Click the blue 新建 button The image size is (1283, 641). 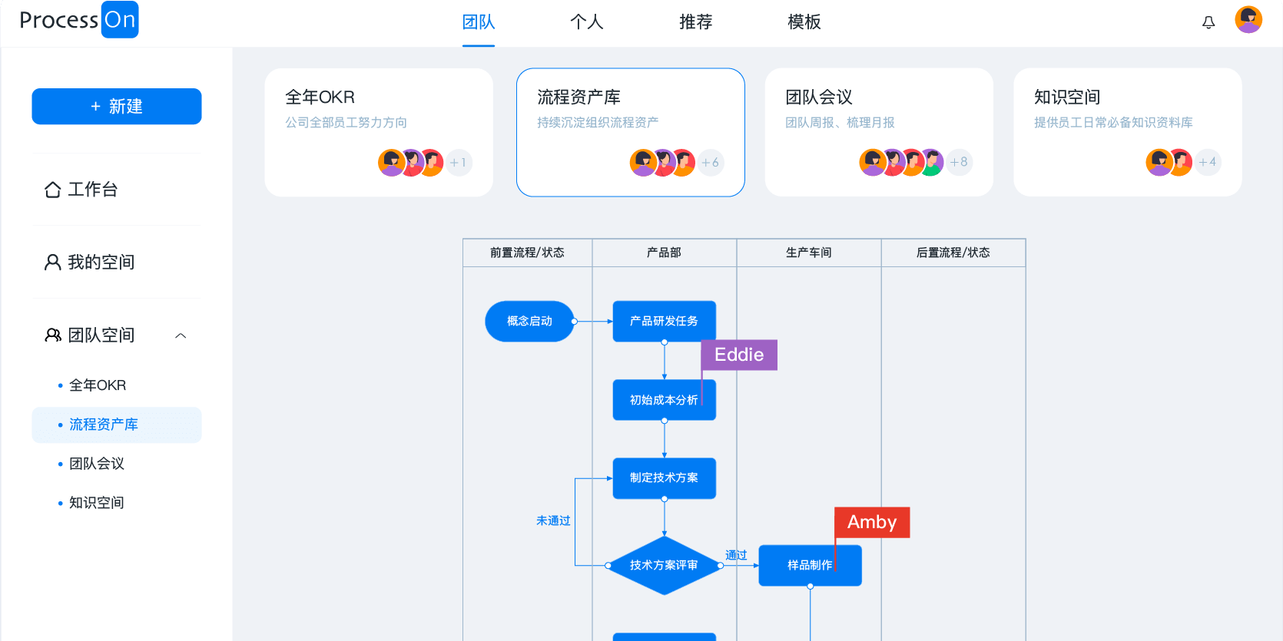117,107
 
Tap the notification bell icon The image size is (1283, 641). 1208,22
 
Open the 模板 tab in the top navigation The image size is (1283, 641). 804,22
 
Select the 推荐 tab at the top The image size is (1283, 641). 695,22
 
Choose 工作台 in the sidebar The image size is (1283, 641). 92,190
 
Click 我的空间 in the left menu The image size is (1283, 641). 100,263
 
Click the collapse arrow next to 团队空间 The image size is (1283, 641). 181,335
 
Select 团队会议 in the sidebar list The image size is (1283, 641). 97,464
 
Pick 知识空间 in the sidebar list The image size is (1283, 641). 97,503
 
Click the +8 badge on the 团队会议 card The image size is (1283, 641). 959,162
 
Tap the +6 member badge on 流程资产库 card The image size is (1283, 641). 711,163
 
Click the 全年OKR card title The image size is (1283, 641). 320,97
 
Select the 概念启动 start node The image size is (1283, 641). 529,321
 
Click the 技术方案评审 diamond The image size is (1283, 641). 664,566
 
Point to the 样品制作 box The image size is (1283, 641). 810,566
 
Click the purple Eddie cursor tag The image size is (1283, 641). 739,355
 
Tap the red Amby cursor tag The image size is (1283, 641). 872,522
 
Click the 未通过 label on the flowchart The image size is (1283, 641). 553,520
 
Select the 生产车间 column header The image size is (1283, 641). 808,253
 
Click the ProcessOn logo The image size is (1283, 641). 78,20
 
